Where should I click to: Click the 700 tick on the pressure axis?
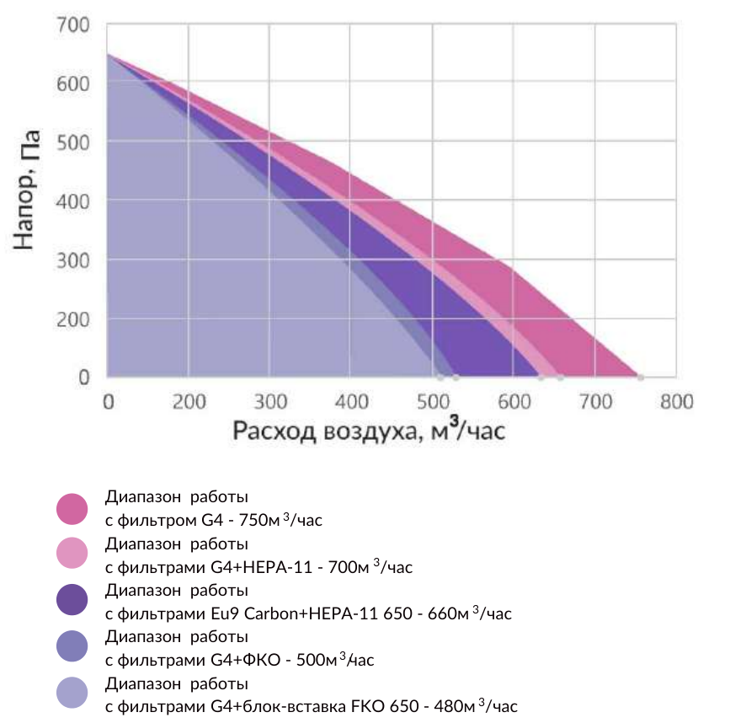(x=73, y=24)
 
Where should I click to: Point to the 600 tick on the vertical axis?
(x=73, y=84)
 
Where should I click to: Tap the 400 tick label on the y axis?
(x=73, y=201)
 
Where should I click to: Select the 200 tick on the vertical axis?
(x=73, y=319)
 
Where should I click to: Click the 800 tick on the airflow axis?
(x=677, y=402)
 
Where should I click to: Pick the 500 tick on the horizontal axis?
(x=433, y=402)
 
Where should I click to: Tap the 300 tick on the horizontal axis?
(x=270, y=402)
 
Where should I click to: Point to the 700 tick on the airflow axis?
(x=595, y=402)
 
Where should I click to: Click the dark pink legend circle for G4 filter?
(x=72, y=509)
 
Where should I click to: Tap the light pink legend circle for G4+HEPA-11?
(x=72, y=553)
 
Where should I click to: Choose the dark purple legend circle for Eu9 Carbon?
(x=72, y=599)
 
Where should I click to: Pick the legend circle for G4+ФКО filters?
(x=72, y=645)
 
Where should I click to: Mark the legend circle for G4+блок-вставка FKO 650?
(x=72, y=693)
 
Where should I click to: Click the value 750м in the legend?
(x=259, y=520)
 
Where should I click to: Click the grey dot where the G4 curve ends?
(x=641, y=377)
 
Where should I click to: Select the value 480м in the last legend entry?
(x=455, y=706)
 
